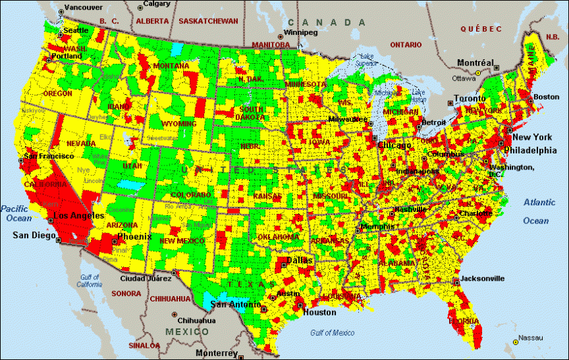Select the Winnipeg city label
pos(301,32)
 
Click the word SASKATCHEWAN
pos(208,21)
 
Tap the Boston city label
pos(546,97)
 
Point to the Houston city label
pos(319,312)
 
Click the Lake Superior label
pos(366,60)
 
